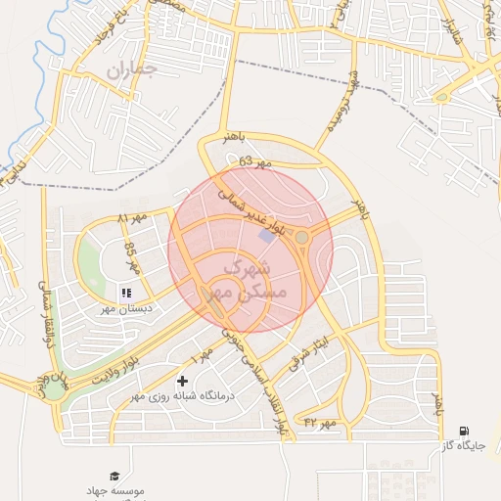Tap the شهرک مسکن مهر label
[x=253, y=280]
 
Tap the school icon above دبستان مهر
[x=125, y=292]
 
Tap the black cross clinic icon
[x=182, y=381]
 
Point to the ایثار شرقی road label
[x=310, y=356]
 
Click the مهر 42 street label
[x=319, y=422]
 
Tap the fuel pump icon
[x=463, y=430]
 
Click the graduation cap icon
[x=115, y=475]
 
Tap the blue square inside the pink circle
[x=266, y=236]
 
